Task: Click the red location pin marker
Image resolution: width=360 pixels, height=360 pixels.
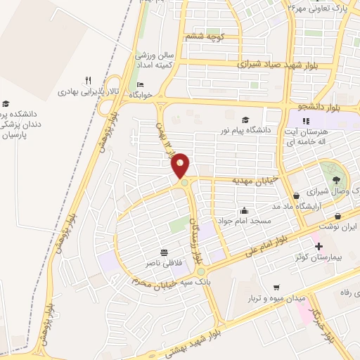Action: coord(180,165)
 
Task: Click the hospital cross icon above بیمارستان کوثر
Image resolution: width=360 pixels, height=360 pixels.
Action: coord(319,246)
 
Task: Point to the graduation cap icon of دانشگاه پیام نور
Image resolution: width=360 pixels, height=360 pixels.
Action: coord(245,120)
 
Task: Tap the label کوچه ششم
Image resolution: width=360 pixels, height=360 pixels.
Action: coord(204,36)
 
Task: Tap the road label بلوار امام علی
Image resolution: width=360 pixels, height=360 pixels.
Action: coord(268,240)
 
